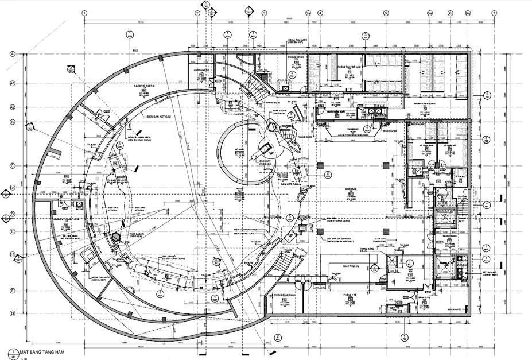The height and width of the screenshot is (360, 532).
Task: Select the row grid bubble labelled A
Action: pos(11,53)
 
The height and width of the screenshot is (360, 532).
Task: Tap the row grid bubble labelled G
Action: pos(11,313)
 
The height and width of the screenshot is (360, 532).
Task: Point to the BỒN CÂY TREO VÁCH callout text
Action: pos(137,138)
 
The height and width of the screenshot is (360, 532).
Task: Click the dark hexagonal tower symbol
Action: pos(116,237)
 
